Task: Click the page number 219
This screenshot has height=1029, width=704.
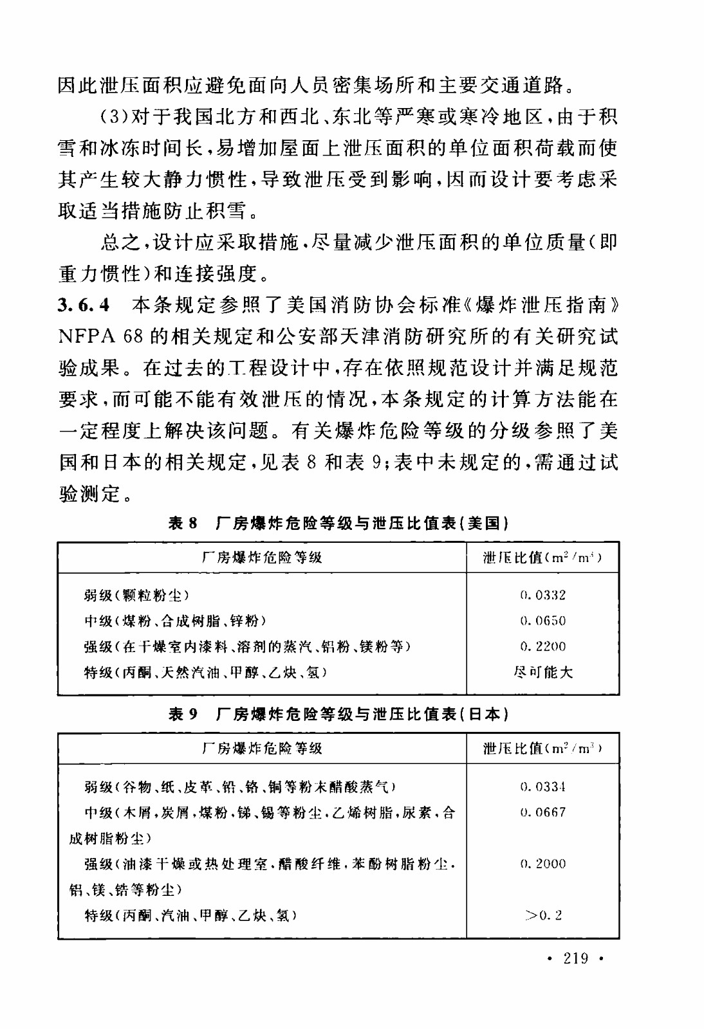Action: point(575,959)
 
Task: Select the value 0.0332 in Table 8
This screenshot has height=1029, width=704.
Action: point(542,596)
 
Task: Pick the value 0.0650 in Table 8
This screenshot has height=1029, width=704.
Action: point(542,621)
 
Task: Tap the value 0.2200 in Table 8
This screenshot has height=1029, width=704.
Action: point(542,647)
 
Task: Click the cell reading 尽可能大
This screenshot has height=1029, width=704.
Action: point(542,673)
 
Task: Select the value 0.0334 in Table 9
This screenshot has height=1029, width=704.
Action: point(542,787)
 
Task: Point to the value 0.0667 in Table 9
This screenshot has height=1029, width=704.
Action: point(542,812)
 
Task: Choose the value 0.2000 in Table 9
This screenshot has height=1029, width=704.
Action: point(542,864)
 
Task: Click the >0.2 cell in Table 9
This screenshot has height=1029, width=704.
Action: point(542,915)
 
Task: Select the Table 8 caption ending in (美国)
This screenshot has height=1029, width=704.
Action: point(338,524)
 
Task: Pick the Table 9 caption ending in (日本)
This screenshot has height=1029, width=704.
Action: point(338,714)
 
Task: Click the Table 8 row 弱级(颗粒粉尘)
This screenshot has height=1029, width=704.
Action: point(136,596)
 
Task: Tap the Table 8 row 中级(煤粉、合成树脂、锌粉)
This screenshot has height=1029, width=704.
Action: point(174,621)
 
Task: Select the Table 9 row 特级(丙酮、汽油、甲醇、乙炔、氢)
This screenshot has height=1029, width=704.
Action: point(190,915)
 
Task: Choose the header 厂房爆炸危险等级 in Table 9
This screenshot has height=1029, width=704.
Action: point(262,749)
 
